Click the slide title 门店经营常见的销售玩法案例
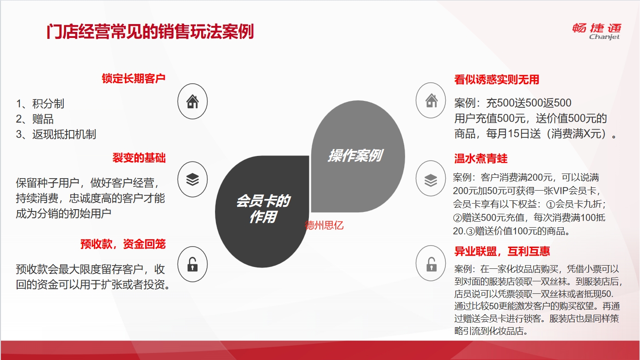150,31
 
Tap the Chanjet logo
597,31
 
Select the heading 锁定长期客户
134,78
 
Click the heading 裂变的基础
139,158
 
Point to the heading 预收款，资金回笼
123,244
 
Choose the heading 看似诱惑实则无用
497,80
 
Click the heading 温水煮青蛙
481,158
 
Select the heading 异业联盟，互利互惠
502,251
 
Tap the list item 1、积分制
40,104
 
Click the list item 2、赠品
35,119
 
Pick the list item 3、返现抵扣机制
56,134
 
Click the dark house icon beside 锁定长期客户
192,101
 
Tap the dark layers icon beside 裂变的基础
192,179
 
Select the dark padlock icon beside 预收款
192,264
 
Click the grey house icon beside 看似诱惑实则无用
431,100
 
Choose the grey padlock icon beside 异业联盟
431,264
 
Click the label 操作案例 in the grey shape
355,155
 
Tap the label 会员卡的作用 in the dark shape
263,209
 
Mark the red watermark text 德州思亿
324,225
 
